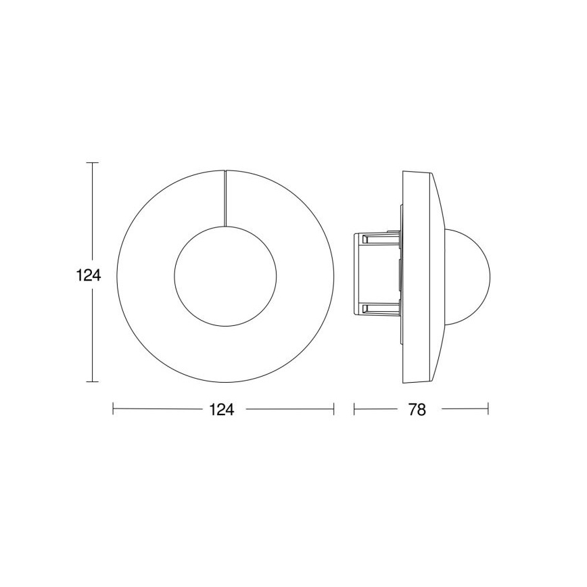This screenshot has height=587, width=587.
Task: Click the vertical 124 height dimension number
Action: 88,275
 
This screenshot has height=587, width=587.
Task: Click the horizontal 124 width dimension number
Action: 222,410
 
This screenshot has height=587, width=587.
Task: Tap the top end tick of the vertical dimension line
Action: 93,163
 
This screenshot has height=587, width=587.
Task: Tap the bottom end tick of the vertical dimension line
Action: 93,382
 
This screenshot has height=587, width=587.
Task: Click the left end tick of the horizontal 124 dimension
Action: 114,409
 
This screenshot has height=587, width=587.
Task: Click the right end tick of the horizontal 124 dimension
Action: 334,409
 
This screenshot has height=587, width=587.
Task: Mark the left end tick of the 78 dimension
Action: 354,409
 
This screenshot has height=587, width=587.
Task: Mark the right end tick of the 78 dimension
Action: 488,409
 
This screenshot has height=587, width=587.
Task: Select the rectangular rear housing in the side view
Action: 376,273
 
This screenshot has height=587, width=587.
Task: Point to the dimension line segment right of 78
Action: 465,409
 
